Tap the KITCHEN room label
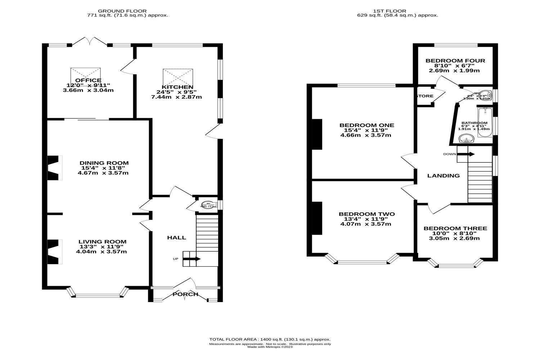[177, 87]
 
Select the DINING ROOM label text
[104, 163]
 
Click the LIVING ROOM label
[103, 242]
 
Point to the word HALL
[176, 238]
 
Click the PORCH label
[185, 294]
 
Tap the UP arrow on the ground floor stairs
[194, 258]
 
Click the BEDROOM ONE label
[367, 125]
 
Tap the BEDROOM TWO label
[366, 214]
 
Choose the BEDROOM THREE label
[455, 229]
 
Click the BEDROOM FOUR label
[455, 61]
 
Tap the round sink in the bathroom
[467, 139]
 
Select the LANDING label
[443, 176]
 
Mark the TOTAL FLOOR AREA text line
[270, 339]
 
